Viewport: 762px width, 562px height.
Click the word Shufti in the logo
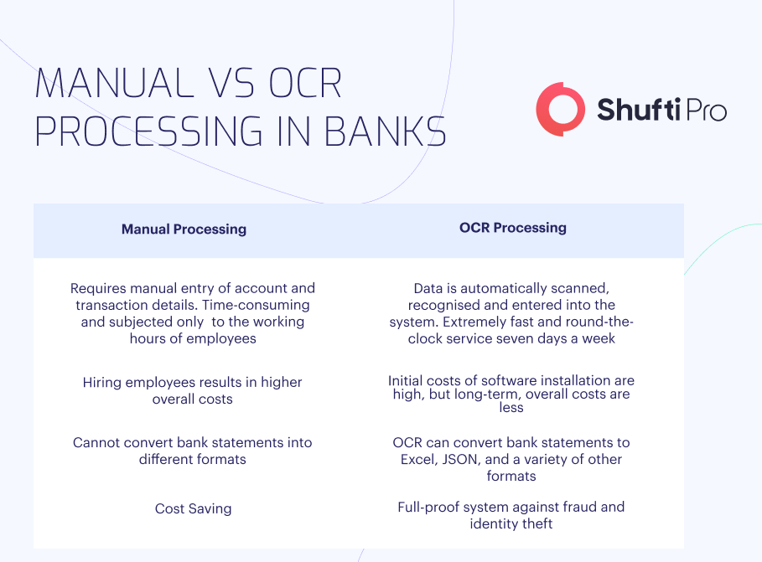tap(638, 109)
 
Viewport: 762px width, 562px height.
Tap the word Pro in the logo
tap(706, 111)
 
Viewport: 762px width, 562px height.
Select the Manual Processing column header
tap(184, 229)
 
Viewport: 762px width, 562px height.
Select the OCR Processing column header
tap(513, 227)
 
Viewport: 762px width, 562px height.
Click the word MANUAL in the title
tap(114, 83)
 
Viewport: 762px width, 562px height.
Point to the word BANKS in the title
tap(385, 131)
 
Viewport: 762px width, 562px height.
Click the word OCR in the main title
tap(305, 83)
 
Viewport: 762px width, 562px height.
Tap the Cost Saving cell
tap(193, 508)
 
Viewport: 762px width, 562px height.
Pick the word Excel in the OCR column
tap(418, 459)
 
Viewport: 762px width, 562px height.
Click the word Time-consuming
tap(256, 305)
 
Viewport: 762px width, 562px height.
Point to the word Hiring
tap(102, 383)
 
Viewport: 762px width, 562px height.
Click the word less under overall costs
tap(511, 408)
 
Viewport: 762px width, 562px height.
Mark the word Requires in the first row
tap(99, 288)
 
